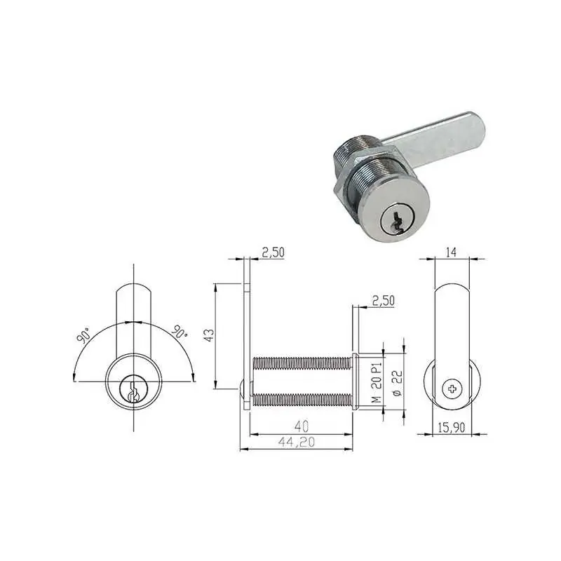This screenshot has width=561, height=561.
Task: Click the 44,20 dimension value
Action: click(x=296, y=442)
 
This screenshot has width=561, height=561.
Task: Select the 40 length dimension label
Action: click(x=302, y=426)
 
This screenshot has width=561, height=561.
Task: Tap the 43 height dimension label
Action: click(x=209, y=335)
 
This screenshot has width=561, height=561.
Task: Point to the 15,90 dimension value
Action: click(x=452, y=427)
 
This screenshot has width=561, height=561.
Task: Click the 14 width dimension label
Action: click(x=452, y=252)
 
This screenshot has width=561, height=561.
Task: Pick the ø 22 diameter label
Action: click(x=398, y=383)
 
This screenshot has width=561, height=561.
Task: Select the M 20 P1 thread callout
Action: click(x=377, y=383)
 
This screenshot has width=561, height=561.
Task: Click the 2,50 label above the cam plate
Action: click(x=273, y=252)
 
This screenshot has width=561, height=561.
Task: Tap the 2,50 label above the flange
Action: click(x=383, y=301)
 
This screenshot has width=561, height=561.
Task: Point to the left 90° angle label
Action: click(x=83, y=335)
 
